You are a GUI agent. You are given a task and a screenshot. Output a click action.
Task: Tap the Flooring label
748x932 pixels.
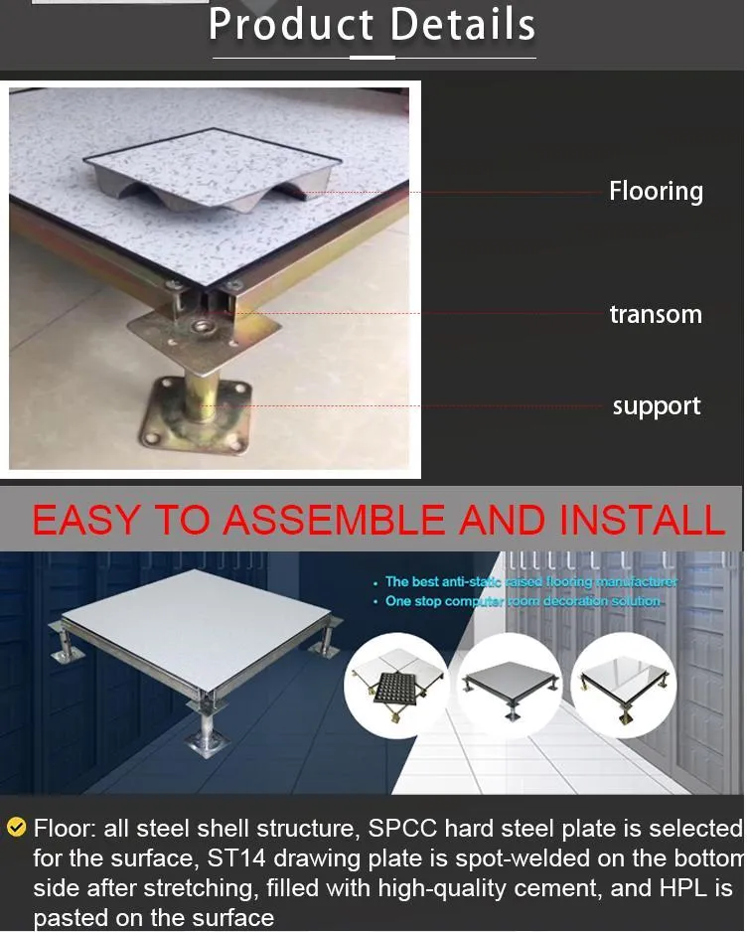pyautogui.click(x=656, y=191)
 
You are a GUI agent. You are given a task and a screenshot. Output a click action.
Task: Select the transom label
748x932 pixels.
pyautogui.click(x=656, y=315)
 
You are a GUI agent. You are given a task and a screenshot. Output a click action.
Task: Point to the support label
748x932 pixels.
pyautogui.click(x=656, y=406)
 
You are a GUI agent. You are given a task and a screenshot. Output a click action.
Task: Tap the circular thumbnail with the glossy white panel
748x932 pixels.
pyautogui.click(x=624, y=682)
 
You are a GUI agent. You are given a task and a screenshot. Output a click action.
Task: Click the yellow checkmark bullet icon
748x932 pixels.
pyautogui.click(x=16, y=827)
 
